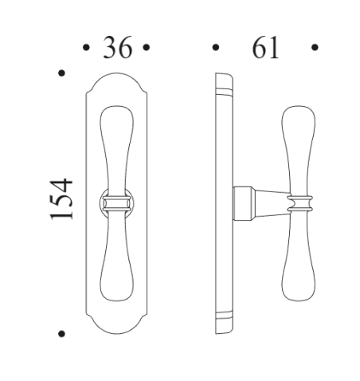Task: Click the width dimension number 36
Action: tap(116, 49)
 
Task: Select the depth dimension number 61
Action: tap(265, 49)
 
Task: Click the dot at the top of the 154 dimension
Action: tap(61, 75)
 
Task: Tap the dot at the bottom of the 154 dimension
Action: tap(61, 332)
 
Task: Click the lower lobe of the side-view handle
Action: tap(298, 275)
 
